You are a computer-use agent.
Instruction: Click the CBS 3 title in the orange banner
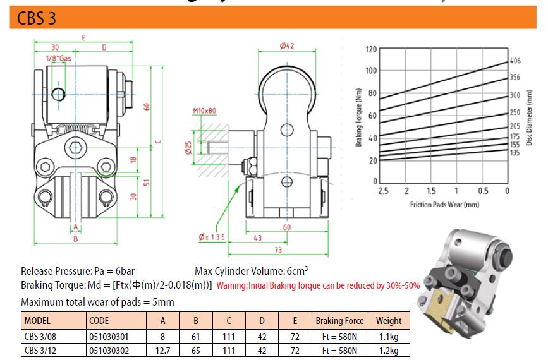point(37,18)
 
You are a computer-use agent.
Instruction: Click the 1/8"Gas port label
point(59,58)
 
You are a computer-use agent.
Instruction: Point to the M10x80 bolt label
point(204,111)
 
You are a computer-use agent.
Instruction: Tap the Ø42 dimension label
point(287,45)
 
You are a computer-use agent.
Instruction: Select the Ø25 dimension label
point(188,148)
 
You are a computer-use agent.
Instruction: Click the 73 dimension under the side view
point(278,250)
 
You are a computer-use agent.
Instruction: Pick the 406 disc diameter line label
point(515,61)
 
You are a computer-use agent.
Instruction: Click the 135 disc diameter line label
point(515,153)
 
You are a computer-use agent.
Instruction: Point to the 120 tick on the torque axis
point(371,49)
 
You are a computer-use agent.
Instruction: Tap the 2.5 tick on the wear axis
point(383,191)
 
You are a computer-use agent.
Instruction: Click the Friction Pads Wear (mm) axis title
point(444,205)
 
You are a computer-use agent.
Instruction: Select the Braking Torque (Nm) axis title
point(358,117)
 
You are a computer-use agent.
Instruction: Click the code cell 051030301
point(109,337)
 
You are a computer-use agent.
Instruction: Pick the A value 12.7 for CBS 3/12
point(163,351)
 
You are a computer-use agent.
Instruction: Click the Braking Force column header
point(339,321)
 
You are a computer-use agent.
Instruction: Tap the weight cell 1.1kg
point(389,337)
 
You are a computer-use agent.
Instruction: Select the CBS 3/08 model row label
point(40,337)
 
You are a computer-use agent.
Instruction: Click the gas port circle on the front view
point(58,94)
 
